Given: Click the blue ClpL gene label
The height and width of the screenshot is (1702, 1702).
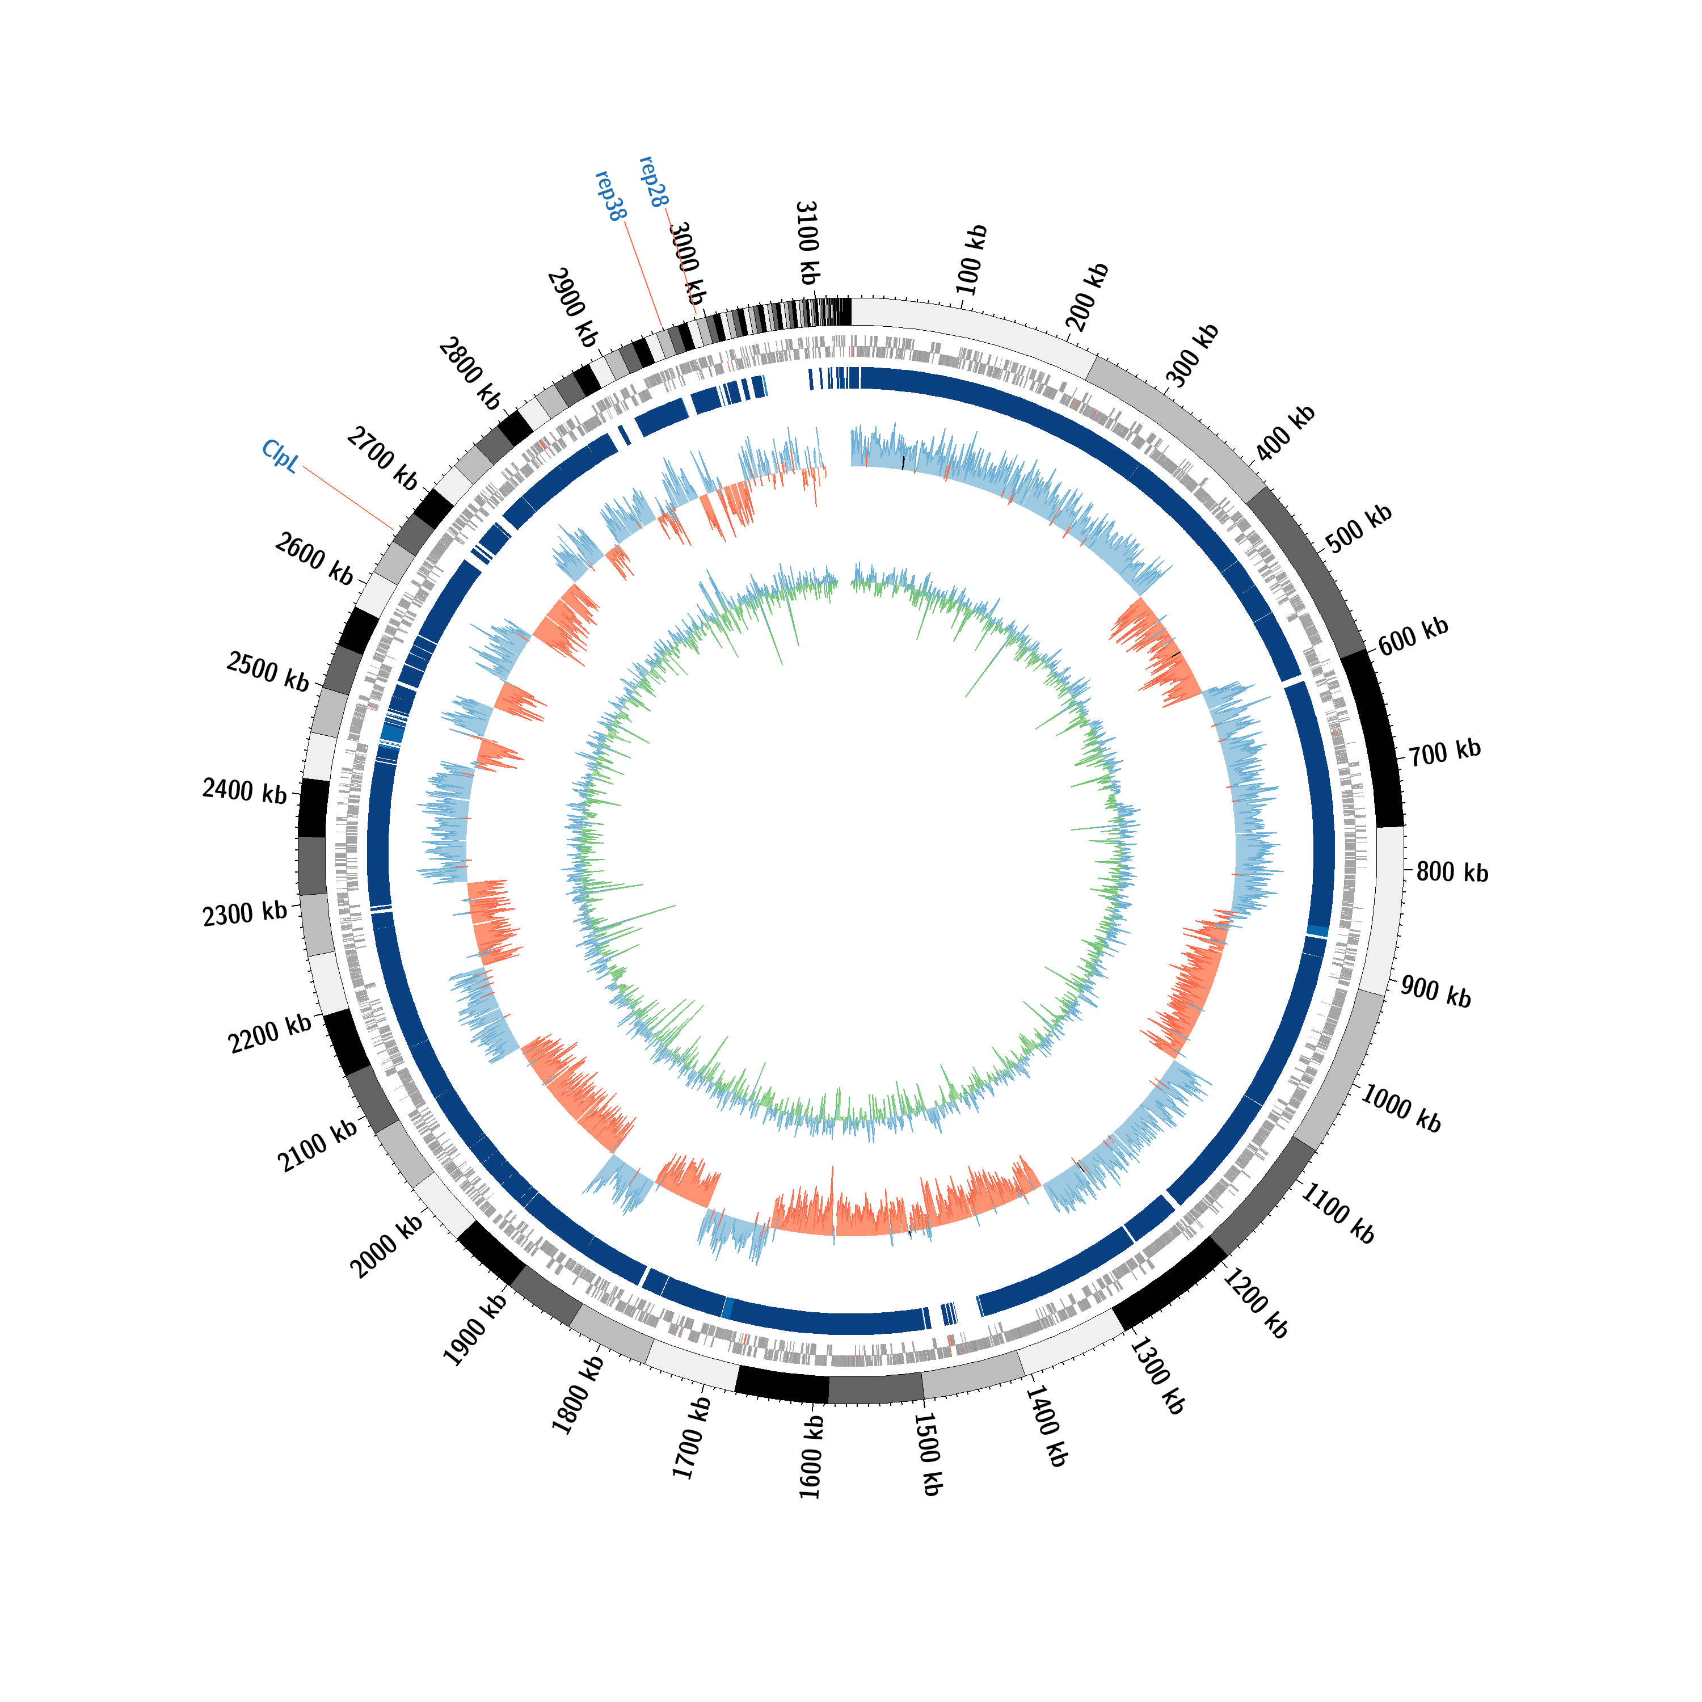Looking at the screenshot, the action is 280,456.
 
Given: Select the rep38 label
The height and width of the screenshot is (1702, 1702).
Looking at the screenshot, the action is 610,196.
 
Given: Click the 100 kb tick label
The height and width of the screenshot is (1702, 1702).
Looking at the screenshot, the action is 972,260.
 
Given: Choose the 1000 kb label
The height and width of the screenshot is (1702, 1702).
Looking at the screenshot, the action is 1401,1107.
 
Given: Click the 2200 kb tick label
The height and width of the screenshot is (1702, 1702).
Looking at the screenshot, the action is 269,1033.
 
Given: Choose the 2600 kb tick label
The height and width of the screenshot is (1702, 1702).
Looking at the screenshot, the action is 314,558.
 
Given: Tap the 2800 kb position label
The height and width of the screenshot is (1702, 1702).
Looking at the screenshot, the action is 470,373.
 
